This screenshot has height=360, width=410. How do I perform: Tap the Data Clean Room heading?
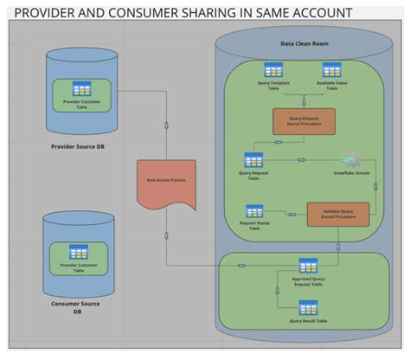coord(304,44)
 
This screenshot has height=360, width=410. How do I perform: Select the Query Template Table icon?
coord(273,70)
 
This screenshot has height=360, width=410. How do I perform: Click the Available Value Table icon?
coord(331,70)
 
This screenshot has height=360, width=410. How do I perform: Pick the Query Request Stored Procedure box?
coord(304,121)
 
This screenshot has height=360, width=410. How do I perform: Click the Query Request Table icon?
coord(253,160)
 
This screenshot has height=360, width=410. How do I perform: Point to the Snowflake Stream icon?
coord(351,160)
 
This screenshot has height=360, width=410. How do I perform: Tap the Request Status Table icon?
coord(254,210)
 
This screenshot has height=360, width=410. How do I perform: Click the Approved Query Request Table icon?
coord(308,266)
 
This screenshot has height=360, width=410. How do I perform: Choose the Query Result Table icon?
coord(308,307)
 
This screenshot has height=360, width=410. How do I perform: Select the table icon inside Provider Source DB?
coord(83,88)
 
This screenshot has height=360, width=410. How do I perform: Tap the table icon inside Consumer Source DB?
coord(79,253)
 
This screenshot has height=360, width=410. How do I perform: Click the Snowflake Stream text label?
coord(351,174)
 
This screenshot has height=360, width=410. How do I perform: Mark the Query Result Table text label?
coord(308,321)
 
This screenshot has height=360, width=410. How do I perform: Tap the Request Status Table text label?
coord(254,226)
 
